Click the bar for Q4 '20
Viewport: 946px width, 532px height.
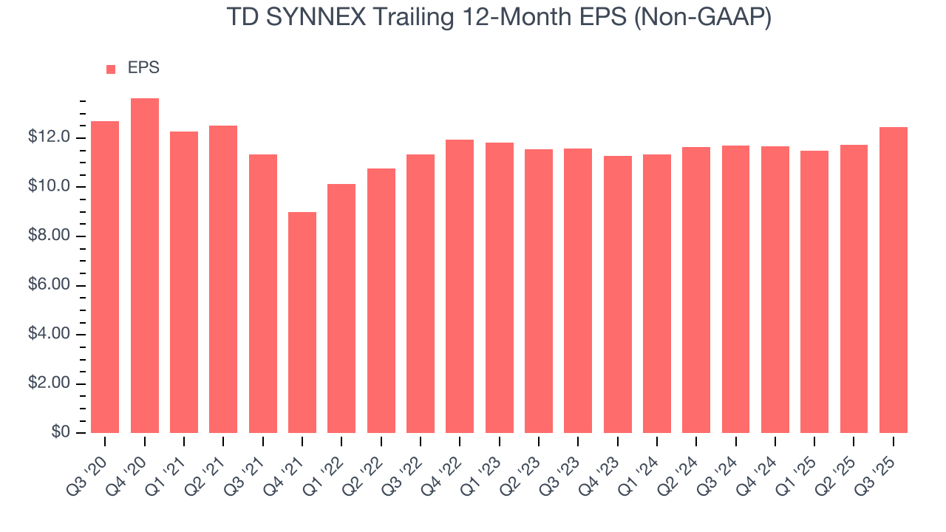pyautogui.click(x=145, y=266)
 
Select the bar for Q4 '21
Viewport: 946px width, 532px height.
pyautogui.click(x=302, y=322)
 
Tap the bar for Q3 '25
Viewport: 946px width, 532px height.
pyautogui.click(x=894, y=280)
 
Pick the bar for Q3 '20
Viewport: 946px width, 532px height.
pyautogui.click(x=105, y=277)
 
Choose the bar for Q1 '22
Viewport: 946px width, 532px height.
pyautogui.click(x=341, y=308)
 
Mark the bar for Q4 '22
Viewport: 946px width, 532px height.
pyautogui.click(x=460, y=286)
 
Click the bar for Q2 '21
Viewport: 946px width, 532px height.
pyautogui.click(x=223, y=279)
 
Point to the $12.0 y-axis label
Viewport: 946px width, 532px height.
pyautogui.click(x=50, y=138)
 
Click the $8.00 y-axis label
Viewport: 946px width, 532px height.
pyautogui.click(x=50, y=236)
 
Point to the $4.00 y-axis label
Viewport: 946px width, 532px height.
pyautogui.click(x=50, y=335)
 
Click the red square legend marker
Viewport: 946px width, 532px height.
pyautogui.click(x=111, y=69)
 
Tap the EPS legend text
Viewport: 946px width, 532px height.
pyautogui.click(x=143, y=68)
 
